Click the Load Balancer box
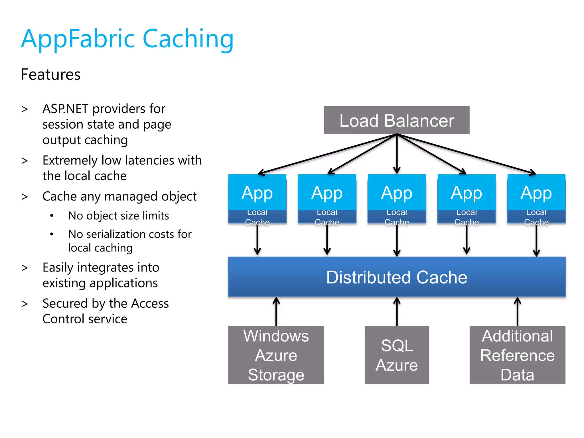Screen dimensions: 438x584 tap(396, 120)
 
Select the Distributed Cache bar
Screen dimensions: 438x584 tap(396, 277)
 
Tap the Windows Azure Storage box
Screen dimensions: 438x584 tap(276, 355)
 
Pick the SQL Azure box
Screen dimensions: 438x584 tap(396, 355)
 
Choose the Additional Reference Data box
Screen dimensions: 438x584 tap(517, 355)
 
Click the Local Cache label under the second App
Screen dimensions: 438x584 tap(327, 217)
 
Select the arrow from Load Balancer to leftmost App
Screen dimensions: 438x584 tap(325, 154)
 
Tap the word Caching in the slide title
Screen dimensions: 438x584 tap(188, 39)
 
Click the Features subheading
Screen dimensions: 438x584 tap(51, 74)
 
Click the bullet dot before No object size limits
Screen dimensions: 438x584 tap(52, 216)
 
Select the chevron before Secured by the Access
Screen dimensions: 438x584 tap(25, 304)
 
